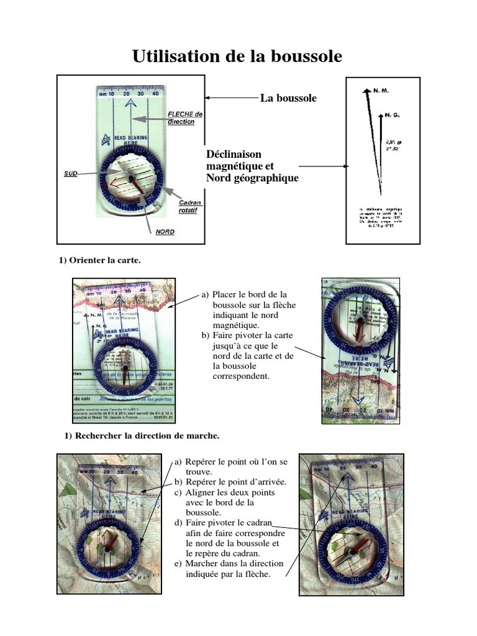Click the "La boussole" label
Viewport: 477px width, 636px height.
coord(288,98)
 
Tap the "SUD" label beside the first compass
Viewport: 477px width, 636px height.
coord(71,174)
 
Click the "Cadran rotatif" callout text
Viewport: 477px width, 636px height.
coord(190,207)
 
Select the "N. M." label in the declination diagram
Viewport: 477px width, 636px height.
coord(381,91)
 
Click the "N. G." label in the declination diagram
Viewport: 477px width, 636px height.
coord(392,115)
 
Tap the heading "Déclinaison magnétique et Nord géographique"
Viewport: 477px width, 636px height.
coord(252,166)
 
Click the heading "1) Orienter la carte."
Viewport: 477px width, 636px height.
coord(100,261)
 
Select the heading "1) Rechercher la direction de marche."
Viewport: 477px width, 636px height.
coord(142,436)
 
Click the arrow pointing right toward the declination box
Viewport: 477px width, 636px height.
coord(322,166)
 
